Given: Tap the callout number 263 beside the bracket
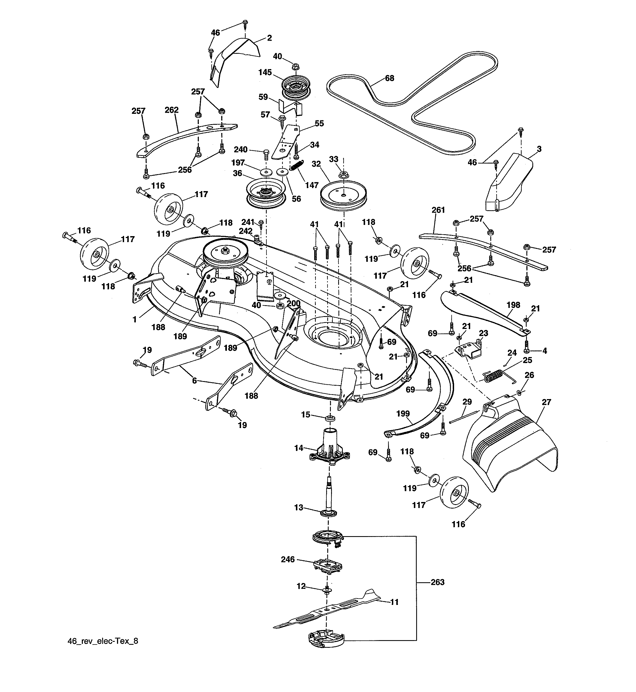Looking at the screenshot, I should tap(437, 582).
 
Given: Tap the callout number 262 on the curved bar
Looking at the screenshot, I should tap(171, 110).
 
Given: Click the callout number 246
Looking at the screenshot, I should tap(288, 559).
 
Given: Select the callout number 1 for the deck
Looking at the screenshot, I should tap(134, 320).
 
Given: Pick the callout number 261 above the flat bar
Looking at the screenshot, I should tap(438, 210).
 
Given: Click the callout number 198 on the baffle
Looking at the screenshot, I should tap(513, 305).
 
